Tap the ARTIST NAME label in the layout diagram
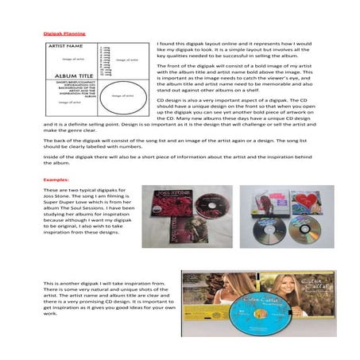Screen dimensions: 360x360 coord(69,48)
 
